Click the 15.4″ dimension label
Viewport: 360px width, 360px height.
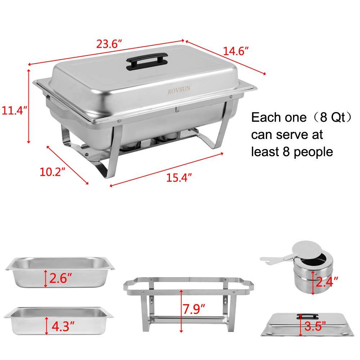tap(179, 177)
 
